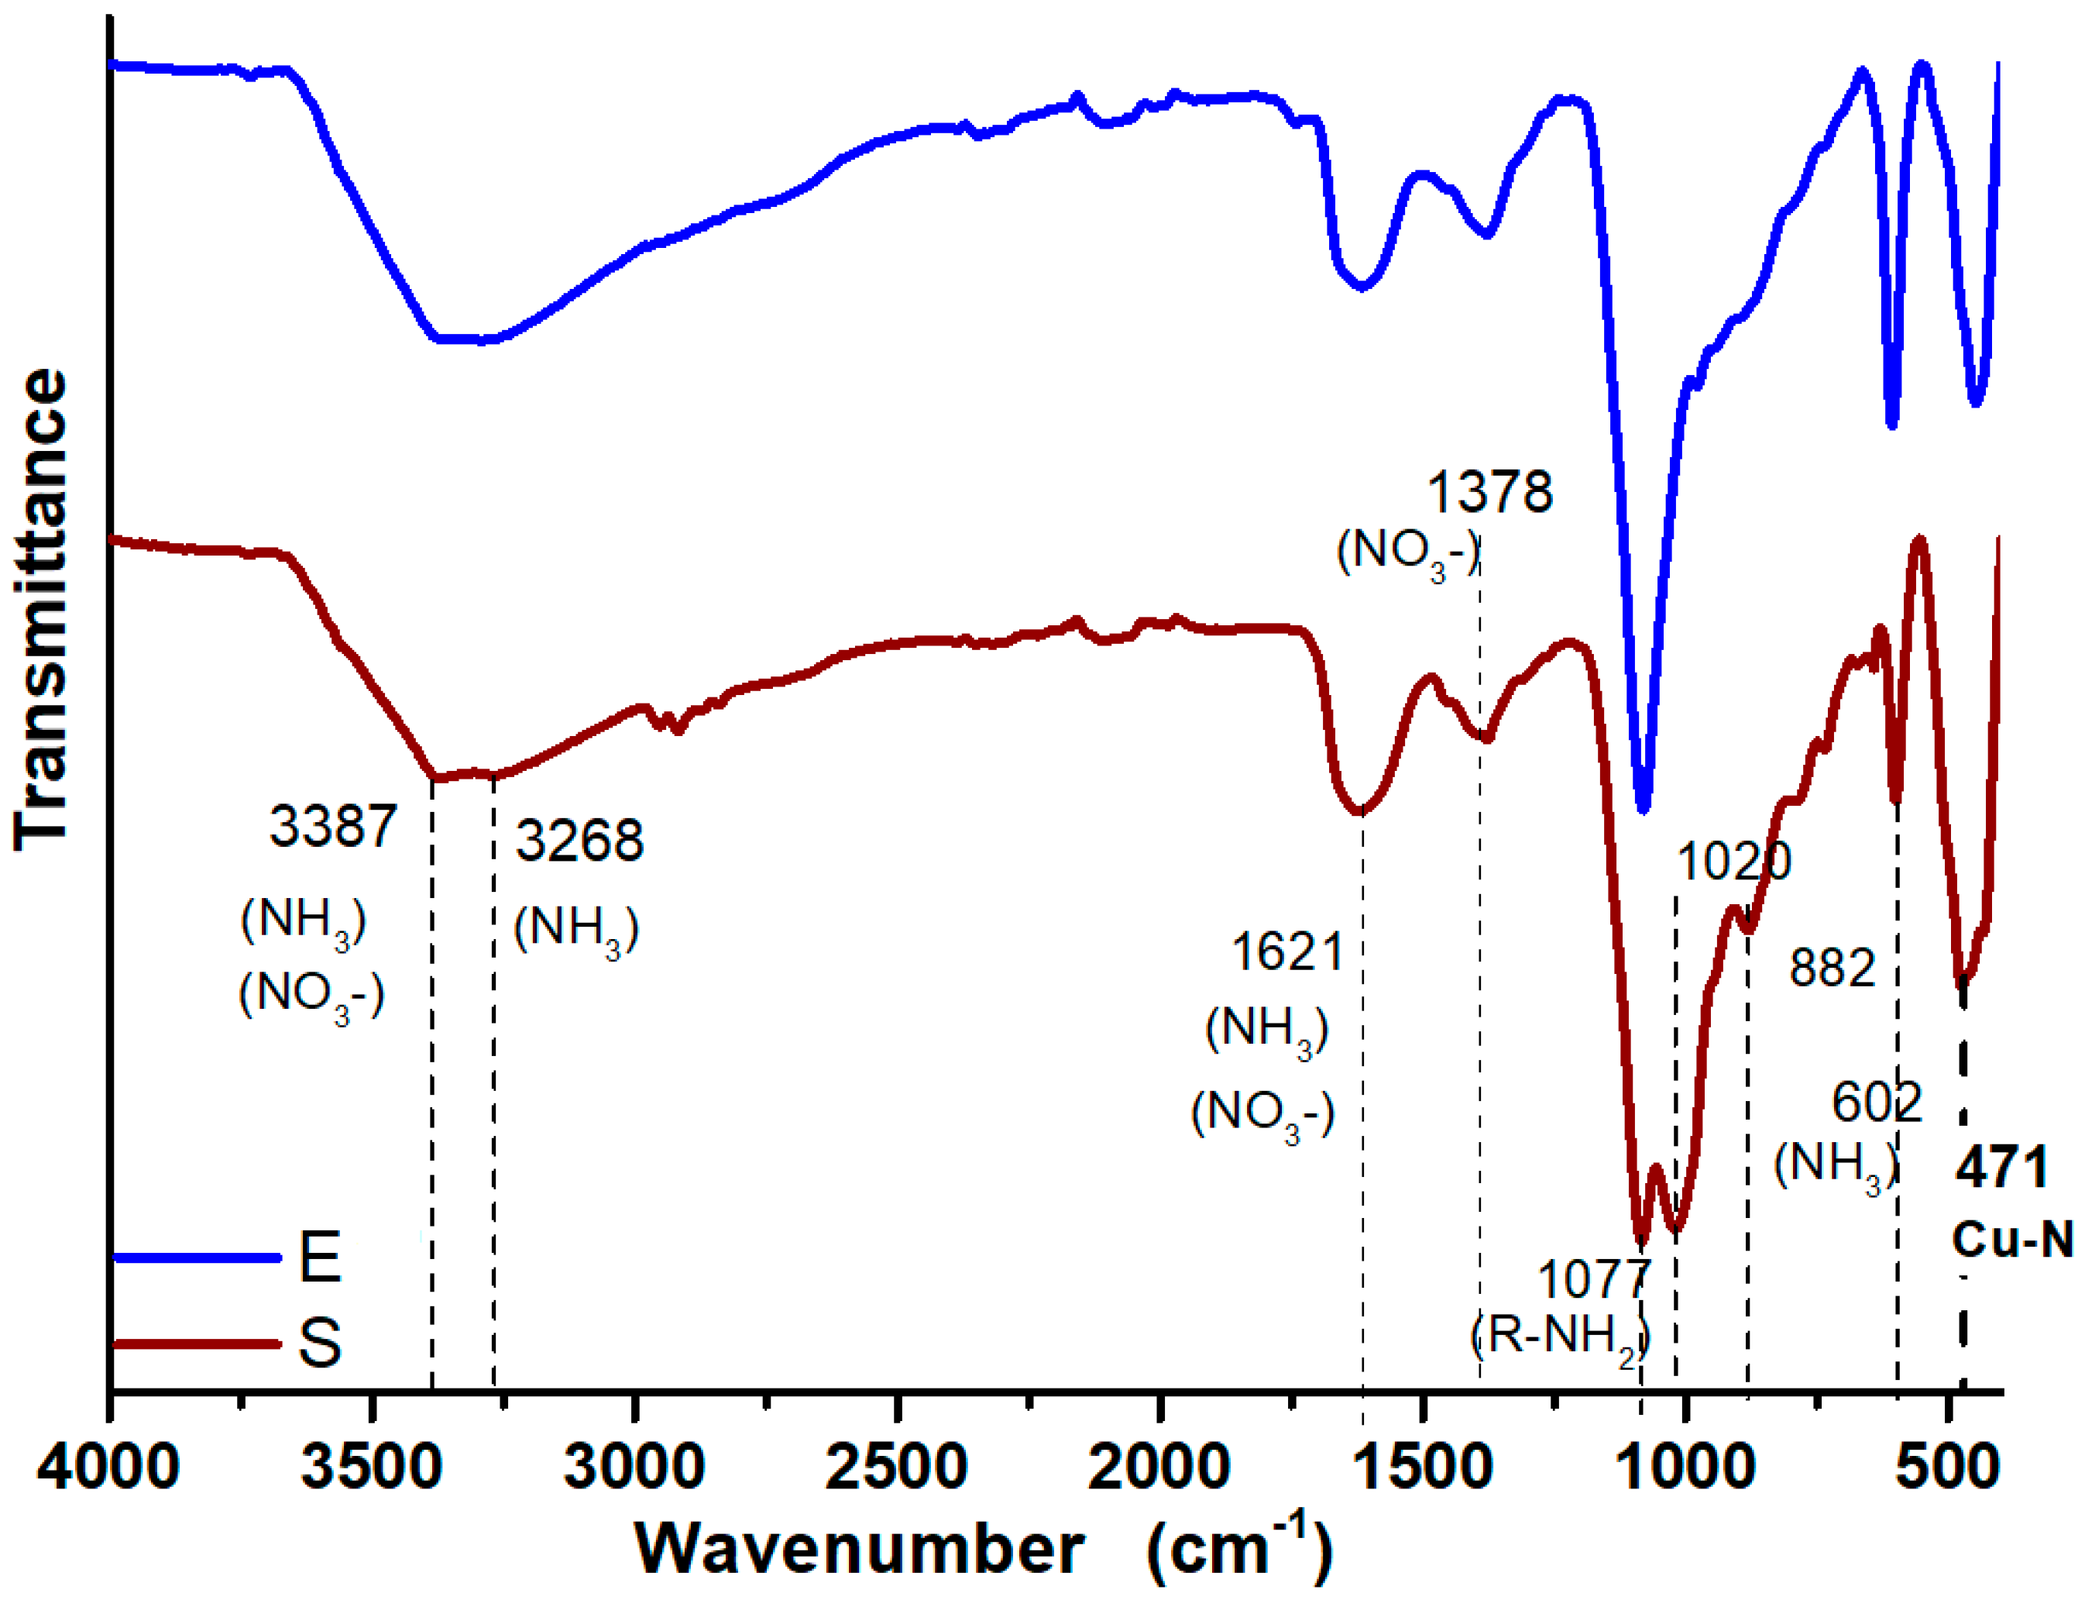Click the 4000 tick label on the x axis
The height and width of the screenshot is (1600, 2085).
coord(108,1468)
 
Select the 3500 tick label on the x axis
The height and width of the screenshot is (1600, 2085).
coord(371,1468)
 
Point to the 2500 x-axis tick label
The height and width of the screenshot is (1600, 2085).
coord(896,1468)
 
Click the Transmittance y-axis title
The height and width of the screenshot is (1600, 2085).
coord(40,610)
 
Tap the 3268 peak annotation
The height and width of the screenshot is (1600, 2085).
coord(579,841)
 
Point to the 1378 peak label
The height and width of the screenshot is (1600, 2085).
coord(1489,492)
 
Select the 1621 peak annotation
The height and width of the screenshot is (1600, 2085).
coord(1287,951)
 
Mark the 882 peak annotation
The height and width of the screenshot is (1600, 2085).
coord(1832,968)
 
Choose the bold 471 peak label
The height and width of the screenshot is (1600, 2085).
coord(2001,1168)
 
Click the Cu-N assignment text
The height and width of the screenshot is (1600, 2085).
coord(2011,1240)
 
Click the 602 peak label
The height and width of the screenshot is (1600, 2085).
coord(1877,1103)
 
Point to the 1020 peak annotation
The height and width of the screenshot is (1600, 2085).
coord(1733,862)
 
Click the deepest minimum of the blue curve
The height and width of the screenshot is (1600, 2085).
coord(1642,807)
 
